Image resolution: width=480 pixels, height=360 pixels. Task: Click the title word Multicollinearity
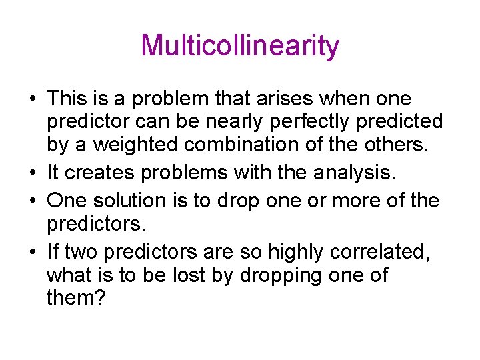tap(240, 46)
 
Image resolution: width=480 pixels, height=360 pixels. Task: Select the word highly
tap(302, 252)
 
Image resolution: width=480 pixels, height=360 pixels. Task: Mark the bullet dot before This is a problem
tap(32, 100)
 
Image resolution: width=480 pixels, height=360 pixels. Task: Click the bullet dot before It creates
tap(32, 174)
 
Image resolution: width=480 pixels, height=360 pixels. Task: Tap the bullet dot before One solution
tap(32, 200)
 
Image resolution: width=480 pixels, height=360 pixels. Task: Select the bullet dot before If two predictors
tap(32, 252)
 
